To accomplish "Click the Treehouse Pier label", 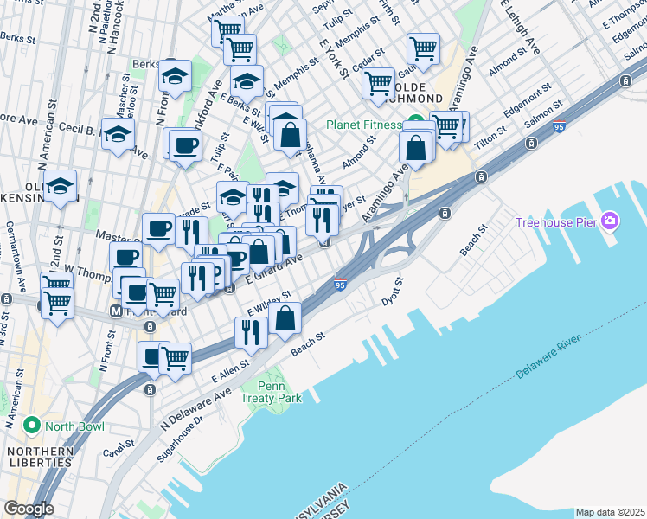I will [x=559, y=222].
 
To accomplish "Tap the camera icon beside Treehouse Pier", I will [x=610, y=221].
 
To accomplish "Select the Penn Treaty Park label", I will [x=272, y=392].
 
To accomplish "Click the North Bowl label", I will [x=75, y=426].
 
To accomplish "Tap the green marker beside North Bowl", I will [x=32, y=426].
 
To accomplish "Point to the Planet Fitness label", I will [x=363, y=125].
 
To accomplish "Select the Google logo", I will [x=29, y=509].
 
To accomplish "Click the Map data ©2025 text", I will [x=610, y=512].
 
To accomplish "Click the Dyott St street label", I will [x=394, y=292].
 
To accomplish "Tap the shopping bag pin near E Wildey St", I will [x=285, y=318].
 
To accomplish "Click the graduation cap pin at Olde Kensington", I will [x=61, y=186].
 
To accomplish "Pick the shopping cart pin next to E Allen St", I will [x=176, y=356].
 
